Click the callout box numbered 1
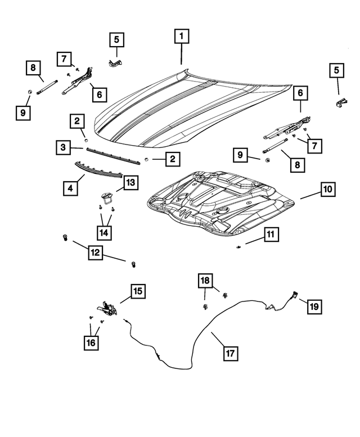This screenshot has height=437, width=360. pyautogui.click(x=181, y=37)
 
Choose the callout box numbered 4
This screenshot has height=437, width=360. pyautogui.click(x=70, y=187)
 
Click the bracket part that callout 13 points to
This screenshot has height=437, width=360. pyautogui.click(x=107, y=197)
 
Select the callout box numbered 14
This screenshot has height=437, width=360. pyautogui.click(x=105, y=231)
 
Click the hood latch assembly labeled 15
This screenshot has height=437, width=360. pyautogui.click(x=107, y=309)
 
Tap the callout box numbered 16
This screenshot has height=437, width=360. pyautogui.click(x=91, y=341)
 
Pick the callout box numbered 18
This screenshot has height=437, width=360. pyautogui.click(x=205, y=280)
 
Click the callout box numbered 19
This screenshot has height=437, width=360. pyautogui.click(x=313, y=306)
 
